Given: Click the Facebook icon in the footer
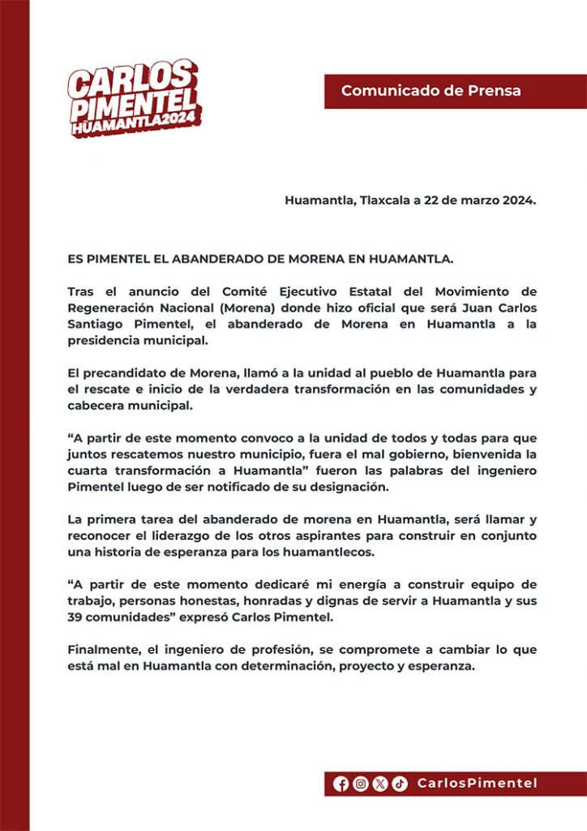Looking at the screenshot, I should (x=341, y=783).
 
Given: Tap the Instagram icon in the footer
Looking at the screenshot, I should (x=361, y=783).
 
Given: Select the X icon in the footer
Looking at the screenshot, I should (x=380, y=783).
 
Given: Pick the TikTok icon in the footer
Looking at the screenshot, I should (x=400, y=783).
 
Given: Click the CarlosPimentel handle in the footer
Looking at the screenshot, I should (x=477, y=783).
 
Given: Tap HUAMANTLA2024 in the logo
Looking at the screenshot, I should (x=135, y=126).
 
